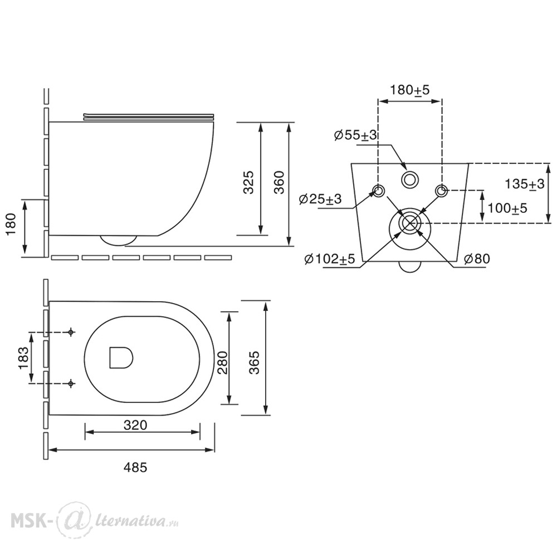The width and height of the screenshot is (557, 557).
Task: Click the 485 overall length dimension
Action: coord(135,467)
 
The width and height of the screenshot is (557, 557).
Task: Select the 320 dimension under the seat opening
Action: coord(135,425)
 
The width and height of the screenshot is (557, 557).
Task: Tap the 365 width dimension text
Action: coord(254,363)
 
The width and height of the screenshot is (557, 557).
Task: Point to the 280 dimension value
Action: coord(223,363)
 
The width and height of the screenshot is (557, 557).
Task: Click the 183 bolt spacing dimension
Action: coord(23,358)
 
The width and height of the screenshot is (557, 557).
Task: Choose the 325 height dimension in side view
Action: coord(248,182)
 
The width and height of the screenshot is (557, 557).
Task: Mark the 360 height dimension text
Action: coord(280,182)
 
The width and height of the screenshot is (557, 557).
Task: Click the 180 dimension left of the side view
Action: coord(12,224)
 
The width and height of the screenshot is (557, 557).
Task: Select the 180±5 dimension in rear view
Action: coord(410,90)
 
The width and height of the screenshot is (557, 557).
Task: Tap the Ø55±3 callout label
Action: coord(355,136)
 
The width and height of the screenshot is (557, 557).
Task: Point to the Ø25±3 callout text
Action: coord(320,199)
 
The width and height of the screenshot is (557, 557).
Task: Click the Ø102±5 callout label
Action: coord(330,259)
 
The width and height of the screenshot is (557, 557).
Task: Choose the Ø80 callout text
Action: coord(477,258)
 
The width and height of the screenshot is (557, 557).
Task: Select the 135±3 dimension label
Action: coord(525,184)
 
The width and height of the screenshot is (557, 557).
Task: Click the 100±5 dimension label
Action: coord(507,208)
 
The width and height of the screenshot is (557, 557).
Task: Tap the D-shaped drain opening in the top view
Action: coord(121,357)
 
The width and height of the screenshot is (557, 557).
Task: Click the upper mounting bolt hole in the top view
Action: coord(71,332)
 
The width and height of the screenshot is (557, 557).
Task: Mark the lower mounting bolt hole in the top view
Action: coord(71,383)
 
